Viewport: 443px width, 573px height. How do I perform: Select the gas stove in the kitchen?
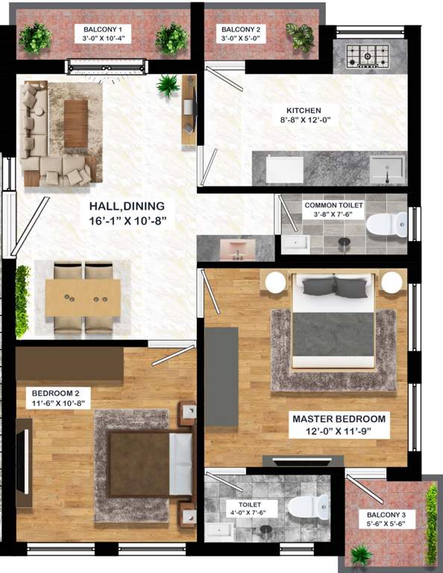pyautogui.click(x=366, y=53)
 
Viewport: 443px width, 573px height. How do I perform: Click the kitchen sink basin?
pyautogui.click(x=388, y=168)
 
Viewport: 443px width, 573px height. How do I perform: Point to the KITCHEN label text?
pyautogui.click(x=304, y=110)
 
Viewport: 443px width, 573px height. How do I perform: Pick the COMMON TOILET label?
pyautogui.click(x=338, y=204)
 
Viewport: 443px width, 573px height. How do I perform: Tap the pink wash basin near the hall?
pyautogui.click(x=238, y=250)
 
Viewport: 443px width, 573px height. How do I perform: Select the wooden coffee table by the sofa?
pyautogui.click(x=75, y=123)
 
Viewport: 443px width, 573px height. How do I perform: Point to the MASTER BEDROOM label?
pyautogui.click(x=339, y=419)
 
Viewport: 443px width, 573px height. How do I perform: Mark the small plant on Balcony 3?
pyautogui.click(x=362, y=554)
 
